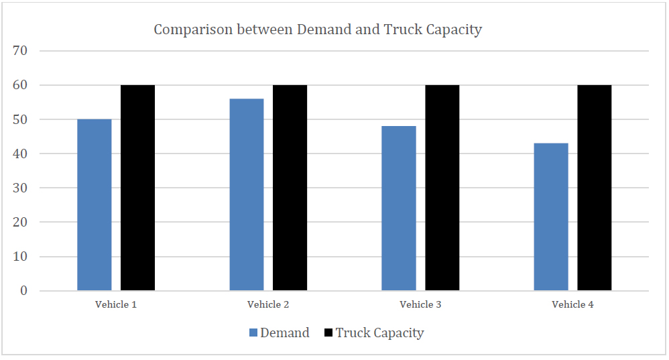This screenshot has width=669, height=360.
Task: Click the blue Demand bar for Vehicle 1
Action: point(95,204)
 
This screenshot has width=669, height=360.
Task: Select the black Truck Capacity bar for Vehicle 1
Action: point(137,188)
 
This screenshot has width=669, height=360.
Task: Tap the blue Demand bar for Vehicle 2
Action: point(247,194)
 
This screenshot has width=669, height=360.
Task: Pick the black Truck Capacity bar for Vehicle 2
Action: point(290,188)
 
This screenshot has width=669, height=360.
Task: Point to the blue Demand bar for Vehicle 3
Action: point(399,208)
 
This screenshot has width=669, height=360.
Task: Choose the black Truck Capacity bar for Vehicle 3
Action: point(442,188)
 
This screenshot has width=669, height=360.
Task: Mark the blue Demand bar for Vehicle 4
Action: point(551,217)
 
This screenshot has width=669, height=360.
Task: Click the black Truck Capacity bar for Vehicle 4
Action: point(595,188)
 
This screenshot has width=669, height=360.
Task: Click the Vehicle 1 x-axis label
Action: point(116,305)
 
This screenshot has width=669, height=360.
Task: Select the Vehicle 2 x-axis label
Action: point(268,305)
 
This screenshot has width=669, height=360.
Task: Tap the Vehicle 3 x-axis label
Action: point(420,305)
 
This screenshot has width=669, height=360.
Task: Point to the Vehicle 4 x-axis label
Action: point(572,305)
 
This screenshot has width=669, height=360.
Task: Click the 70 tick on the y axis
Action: point(21,51)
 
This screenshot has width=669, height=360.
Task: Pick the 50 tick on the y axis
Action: point(21,119)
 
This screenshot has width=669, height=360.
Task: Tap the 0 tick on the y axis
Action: point(24,291)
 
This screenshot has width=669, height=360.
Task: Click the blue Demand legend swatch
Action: point(253,333)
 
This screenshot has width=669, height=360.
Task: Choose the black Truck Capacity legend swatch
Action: point(328,333)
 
